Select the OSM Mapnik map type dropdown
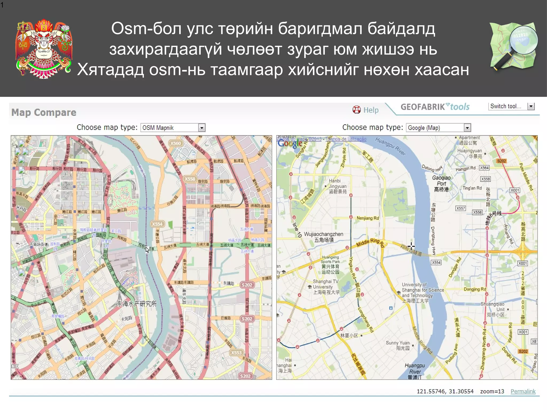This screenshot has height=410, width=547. (x=173, y=128)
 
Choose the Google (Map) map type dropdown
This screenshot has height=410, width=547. (x=438, y=128)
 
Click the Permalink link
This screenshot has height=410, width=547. (x=523, y=391)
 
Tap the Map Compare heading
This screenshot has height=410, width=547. (x=44, y=113)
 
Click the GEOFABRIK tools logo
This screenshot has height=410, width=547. (x=435, y=107)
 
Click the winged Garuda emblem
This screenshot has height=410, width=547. (x=44, y=49)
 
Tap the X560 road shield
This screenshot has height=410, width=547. (x=175, y=143)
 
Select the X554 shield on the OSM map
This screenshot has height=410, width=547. (x=157, y=224)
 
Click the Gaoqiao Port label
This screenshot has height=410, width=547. (x=441, y=183)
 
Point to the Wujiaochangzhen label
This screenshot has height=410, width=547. (x=323, y=237)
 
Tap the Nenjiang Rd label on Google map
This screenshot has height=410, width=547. (x=368, y=218)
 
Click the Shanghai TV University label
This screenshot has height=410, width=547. (x=326, y=287)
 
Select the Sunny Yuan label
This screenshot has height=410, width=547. (x=397, y=345)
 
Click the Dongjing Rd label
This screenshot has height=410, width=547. (x=475, y=289)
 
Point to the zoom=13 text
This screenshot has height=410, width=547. (x=492, y=391)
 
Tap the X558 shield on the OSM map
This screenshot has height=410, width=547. (x=190, y=179)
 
